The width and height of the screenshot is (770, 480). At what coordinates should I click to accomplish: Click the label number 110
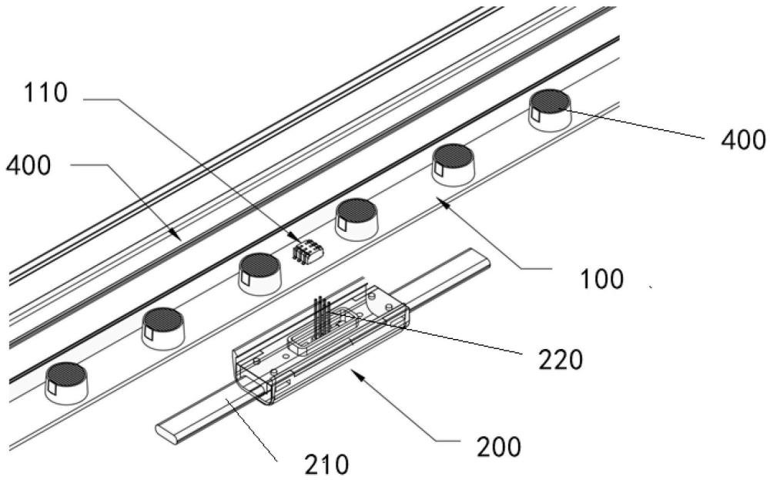[x=45, y=94]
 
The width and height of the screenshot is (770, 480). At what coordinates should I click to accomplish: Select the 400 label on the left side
[x=28, y=166]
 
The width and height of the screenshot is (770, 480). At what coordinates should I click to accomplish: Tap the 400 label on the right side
[x=744, y=139]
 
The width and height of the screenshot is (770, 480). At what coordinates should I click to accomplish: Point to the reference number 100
[x=603, y=278]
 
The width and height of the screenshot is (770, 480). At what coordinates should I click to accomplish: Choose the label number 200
[x=499, y=445]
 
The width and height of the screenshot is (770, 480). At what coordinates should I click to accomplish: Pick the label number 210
[x=326, y=464]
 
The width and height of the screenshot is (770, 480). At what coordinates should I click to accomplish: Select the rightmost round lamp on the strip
[x=550, y=109]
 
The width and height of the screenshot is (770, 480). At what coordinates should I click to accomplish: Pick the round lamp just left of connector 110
[x=260, y=272]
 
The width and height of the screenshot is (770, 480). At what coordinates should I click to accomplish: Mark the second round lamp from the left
[x=163, y=326]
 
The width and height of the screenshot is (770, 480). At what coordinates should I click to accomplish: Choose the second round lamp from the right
[x=454, y=163]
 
